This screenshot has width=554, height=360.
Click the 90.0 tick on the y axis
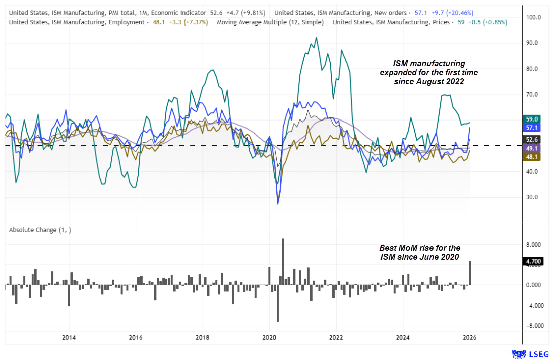point(533,43)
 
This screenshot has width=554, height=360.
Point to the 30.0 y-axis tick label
point(533,197)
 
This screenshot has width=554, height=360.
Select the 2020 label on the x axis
point(269,337)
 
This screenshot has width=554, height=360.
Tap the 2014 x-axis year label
point(69,337)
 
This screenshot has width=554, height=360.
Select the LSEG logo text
point(536,353)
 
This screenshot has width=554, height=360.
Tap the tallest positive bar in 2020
point(283,262)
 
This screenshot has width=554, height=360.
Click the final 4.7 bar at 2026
point(470,273)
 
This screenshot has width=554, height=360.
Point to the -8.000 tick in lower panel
point(534,326)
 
